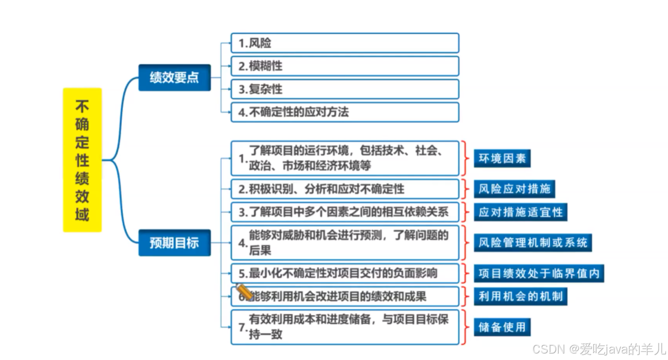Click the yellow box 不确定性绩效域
click(82, 160)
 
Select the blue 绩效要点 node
click(174, 78)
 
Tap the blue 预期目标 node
click(174, 242)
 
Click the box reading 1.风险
click(344, 43)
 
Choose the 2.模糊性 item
click(344, 66)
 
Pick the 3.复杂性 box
click(344, 89)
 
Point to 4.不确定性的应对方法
click(344, 112)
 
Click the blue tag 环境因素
click(502, 159)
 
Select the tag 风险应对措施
click(514, 189)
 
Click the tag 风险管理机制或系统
click(533, 243)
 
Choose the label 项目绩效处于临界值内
click(539, 273)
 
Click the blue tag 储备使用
click(502, 327)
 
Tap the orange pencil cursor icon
click(243, 291)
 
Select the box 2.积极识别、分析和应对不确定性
click(344, 189)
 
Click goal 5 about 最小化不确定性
click(344, 273)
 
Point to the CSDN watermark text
click(598, 349)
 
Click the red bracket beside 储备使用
click(465, 327)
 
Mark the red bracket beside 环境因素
click(465, 159)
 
